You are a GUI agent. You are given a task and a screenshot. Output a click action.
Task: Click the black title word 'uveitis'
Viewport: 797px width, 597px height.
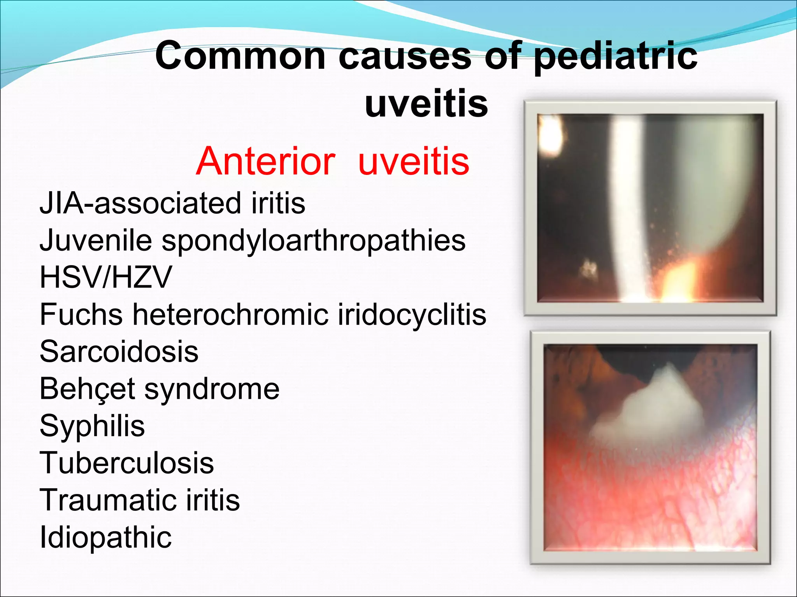pyautogui.click(x=426, y=104)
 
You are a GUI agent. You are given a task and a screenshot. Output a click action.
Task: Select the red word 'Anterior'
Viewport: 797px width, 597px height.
pyautogui.click(x=265, y=161)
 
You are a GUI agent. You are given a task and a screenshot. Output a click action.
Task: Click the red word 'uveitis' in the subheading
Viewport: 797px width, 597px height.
pyautogui.click(x=414, y=161)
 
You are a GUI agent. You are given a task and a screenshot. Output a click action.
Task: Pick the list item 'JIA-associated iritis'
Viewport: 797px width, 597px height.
pyautogui.click(x=172, y=203)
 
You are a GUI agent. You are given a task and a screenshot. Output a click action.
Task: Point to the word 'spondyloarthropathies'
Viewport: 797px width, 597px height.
pyautogui.click(x=313, y=240)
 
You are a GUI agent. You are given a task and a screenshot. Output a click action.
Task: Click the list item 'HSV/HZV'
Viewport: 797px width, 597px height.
pyautogui.click(x=105, y=278)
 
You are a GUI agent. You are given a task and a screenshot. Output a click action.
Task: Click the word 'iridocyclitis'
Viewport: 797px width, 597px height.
pyautogui.click(x=412, y=314)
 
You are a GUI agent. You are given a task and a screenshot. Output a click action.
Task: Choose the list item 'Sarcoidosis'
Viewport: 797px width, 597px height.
pyautogui.click(x=119, y=351)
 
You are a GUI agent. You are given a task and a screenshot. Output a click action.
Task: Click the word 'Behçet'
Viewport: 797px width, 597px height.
pyautogui.click(x=87, y=389)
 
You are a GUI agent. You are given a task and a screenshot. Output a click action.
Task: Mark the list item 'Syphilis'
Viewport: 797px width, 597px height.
pyautogui.click(x=92, y=426)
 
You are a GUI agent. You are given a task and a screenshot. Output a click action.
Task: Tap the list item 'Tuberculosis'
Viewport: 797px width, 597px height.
pyautogui.click(x=127, y=463)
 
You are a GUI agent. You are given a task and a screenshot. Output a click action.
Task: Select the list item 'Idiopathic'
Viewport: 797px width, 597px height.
pyautogui.click(x=105, y=537)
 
